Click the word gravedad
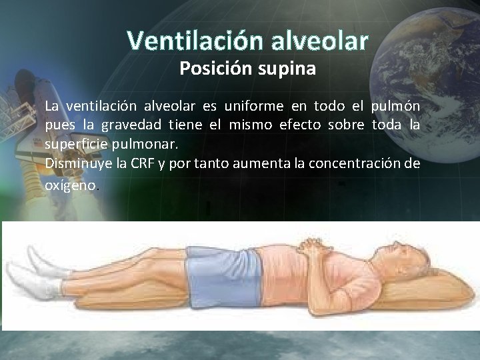click(x=127, y=125)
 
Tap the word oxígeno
click(x=71, y=186)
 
